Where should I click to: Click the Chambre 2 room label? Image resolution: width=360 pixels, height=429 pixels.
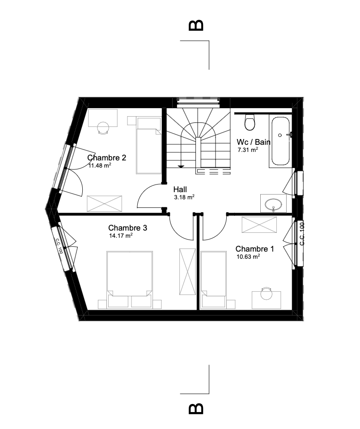[x=107, y=158]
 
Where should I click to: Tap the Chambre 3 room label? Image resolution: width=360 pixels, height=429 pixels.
[x=127, y=228]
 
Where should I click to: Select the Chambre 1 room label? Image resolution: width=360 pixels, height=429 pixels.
[x=254, y=249]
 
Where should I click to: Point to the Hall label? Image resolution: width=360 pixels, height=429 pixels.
[x=180, y=189]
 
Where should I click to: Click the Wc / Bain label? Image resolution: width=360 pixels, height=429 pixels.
[x=254, y=142]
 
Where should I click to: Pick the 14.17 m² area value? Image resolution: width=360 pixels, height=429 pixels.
[x=121, y=236]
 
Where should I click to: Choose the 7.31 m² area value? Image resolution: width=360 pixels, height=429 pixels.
[x=248, y=150]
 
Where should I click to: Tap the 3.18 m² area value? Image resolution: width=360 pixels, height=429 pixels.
[x=184, y=197]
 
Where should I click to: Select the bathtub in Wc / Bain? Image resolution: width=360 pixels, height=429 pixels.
[x=280, y=141]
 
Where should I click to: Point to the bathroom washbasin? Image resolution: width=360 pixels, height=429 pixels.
[x=273, y=204]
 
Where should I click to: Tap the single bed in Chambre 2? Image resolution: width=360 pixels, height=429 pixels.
[x=148, y=145]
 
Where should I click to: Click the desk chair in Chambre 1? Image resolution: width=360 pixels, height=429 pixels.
[x=266, y=293]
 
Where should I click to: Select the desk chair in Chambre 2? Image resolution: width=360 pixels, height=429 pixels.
[x=103, y=128]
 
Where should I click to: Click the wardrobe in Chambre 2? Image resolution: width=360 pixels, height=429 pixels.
[x=104, y=204]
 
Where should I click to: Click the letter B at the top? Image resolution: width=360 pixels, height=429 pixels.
[x=196, y=25]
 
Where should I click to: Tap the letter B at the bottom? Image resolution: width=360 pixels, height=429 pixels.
[x=196, y=408]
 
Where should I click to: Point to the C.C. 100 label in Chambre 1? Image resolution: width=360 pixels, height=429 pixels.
[x=302, y=234]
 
